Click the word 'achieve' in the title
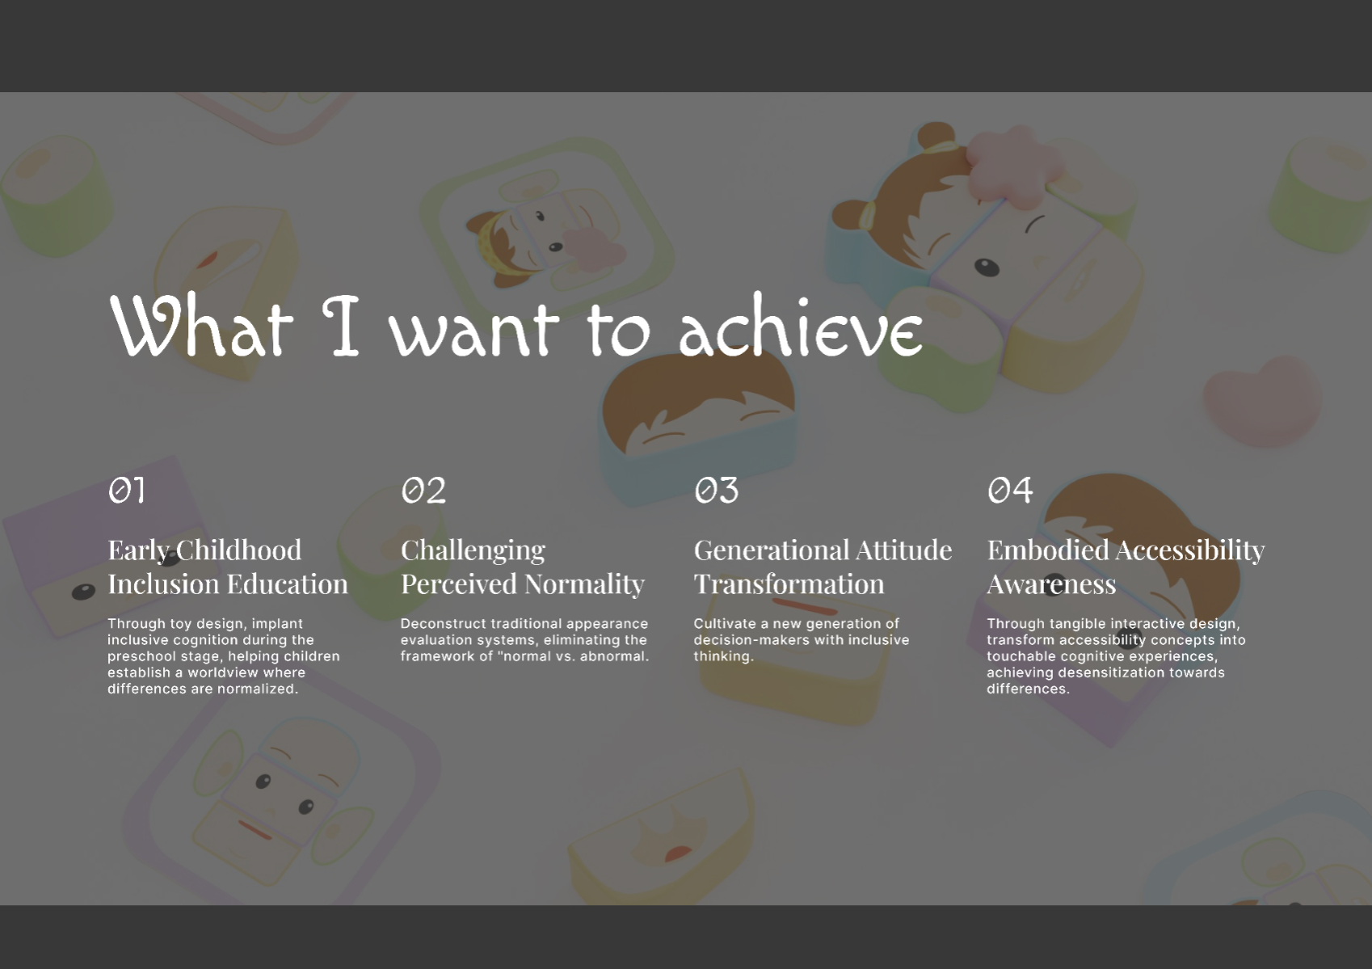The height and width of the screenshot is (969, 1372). coord(801,325)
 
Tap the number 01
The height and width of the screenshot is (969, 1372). coord(127,490)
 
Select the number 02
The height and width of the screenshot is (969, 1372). coord(423,490)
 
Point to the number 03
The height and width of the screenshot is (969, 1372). coord(716,490)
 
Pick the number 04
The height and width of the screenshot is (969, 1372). coord(1010,490)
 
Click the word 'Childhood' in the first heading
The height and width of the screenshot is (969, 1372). coord(239,550)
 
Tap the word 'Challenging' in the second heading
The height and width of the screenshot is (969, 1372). coord(473,551)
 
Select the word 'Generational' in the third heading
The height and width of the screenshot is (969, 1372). coord(771,550)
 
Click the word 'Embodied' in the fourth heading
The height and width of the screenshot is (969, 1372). coord(1047,550)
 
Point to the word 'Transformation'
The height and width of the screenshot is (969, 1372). coord(789,584)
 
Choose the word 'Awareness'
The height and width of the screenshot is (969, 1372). coord(1051,584)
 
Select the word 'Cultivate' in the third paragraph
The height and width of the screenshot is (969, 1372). coord(725,624)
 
